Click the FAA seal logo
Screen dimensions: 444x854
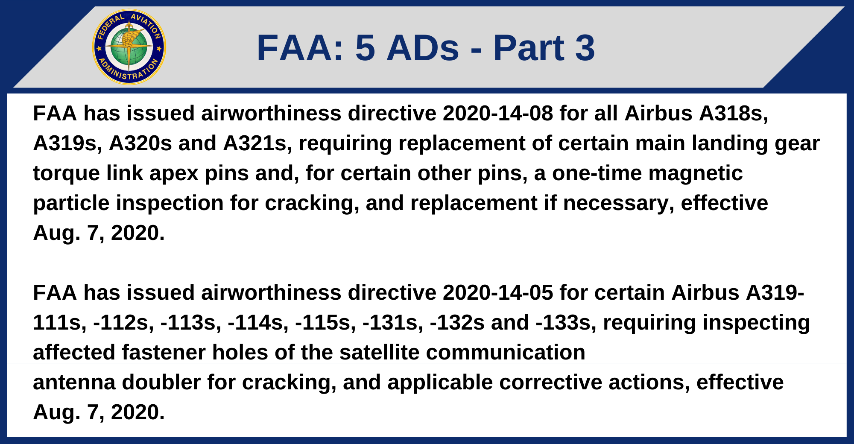(129, 47)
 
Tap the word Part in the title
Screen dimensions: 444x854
(529, 48)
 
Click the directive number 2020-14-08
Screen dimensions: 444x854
(498, 114)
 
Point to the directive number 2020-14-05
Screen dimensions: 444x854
(498, 293)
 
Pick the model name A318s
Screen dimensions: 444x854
(733, 114)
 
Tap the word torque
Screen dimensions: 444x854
(66, 173)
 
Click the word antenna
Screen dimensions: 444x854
(74, 383)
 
